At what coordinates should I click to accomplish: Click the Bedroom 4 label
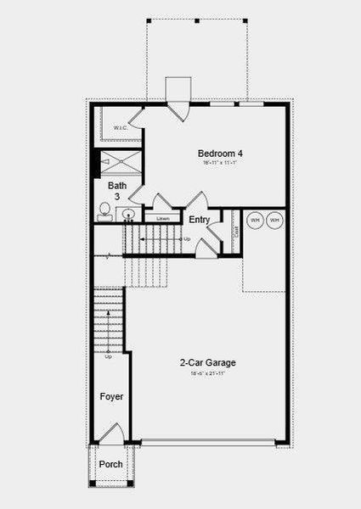coord(220,154)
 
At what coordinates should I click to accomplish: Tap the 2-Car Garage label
coord(207,362)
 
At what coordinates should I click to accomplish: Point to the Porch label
coord(110,464)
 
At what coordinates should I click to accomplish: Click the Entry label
coord(200,220)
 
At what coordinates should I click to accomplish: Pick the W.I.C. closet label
coord(121,129)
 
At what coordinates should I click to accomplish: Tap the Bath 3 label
coord(116,191)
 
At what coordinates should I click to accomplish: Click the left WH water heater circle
coord(254,221)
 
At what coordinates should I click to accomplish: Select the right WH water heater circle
coord(274,221)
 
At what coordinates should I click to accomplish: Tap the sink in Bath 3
coord(128,214)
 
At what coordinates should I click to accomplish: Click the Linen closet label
coord(161,218)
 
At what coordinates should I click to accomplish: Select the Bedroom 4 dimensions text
coord(220,164)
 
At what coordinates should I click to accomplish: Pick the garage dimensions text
coord(207,373)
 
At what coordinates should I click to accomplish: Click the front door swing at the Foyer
coord(111,434)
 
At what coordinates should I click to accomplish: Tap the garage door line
coord(208,441)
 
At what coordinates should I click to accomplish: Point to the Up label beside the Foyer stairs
coord(108,356)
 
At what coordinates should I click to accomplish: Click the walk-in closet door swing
coord(135,117)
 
